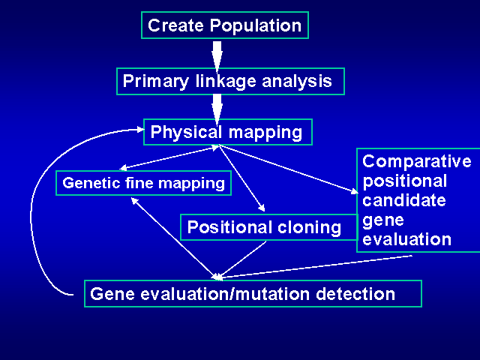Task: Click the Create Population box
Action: (x=225, y=25)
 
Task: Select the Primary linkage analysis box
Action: (x=230, y=81)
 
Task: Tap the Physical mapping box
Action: (x=227, y=133)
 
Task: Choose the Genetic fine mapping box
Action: (x=143, y=183)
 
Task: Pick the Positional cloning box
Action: (x=264, y=227)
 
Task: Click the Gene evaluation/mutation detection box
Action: (x=253, y=293)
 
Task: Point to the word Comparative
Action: (x=417, y=162)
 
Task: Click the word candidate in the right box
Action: (x=404, y=201)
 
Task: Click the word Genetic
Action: (x=88, y=183)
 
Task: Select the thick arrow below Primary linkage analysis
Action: (x=217, y=106)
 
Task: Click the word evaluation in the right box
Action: (x=406, y=240)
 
